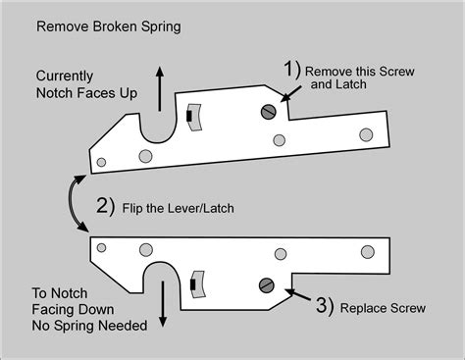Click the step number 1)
(x=290, y=72)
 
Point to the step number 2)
(x=105, y=207)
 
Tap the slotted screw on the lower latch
(x=264, y=285)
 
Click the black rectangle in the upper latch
(x=188, y=118)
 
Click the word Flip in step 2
(x=137, y=207)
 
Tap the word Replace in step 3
(x=365, y=308)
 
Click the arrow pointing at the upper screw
(x=290, y=91)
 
